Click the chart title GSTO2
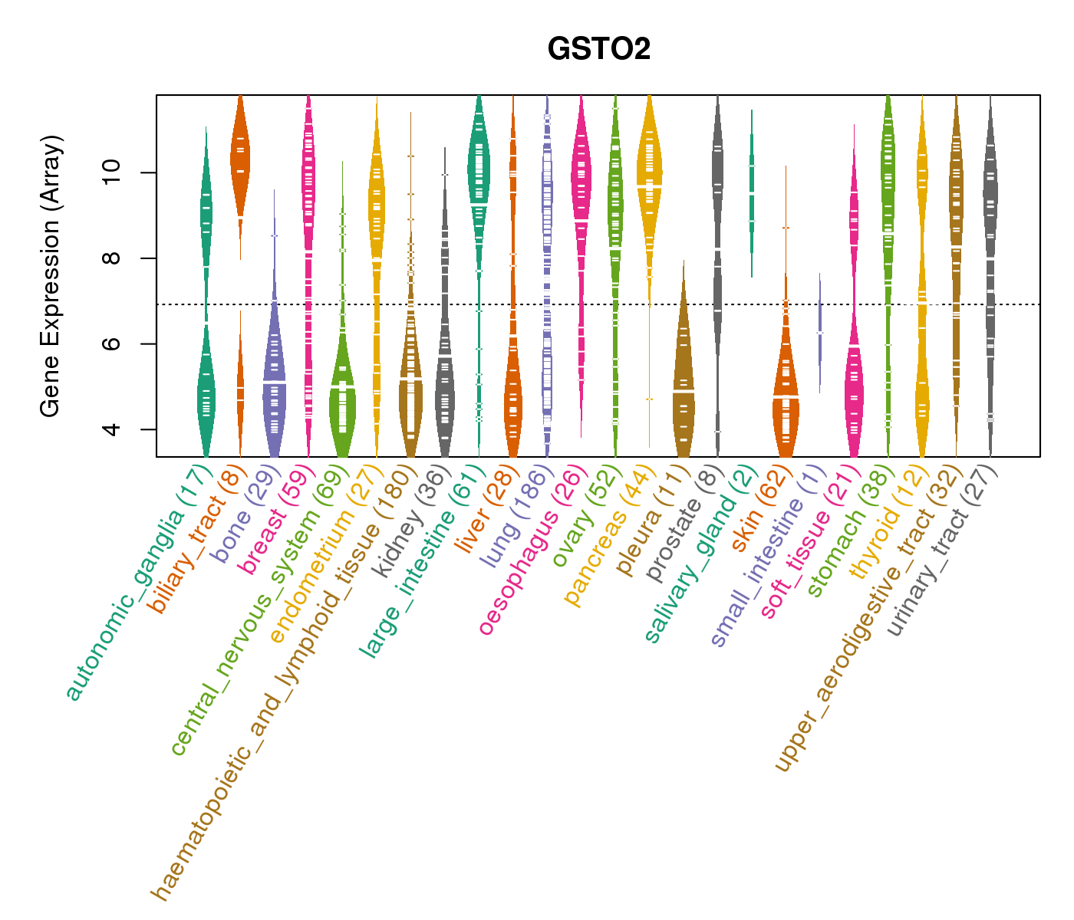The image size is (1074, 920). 598,49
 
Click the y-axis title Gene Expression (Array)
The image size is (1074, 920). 51,277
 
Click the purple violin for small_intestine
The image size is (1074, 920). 819,330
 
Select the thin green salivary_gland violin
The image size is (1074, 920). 752,192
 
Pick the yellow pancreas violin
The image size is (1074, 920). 650,184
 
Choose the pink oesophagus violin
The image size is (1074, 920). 581,192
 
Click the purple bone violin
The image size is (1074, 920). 274,383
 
